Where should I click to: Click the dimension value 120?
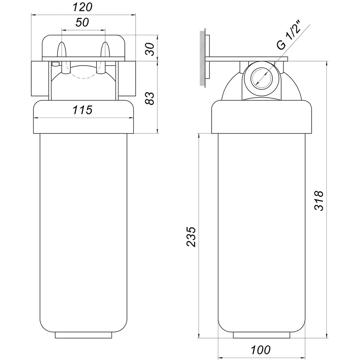[82, 7]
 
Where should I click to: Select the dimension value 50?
[82, 22]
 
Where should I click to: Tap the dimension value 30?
[150, 49]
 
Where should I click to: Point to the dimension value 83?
[150, 98]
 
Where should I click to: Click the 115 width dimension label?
[82, 110]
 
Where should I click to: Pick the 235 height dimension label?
[191, 237]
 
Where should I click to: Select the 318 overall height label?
[319, 200]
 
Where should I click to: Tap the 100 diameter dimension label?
[260, 350]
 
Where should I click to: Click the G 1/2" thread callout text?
[288, 36]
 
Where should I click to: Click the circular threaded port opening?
[262, 78]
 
